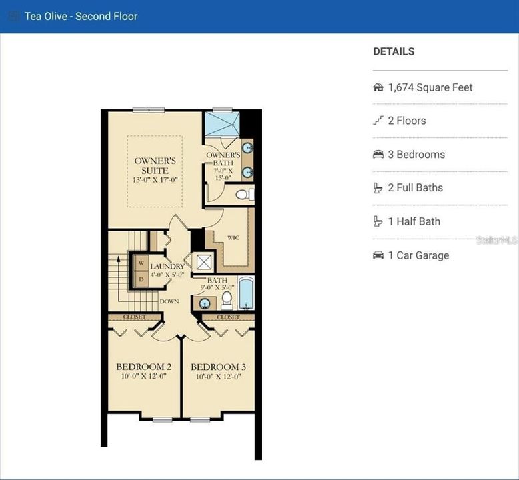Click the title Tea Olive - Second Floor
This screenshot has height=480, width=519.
pyautogui.click(x=81, y=16)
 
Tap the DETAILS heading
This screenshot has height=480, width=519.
pyautogui.click(x=394, y=51)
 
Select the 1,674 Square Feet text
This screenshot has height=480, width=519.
pyautogui.click(x=430, y=87)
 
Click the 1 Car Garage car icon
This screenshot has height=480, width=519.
pyautogui.click(x=378, y=255)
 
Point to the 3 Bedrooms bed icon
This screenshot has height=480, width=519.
pyautogui.click(x=378, y=155)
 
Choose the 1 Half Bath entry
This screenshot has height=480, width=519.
pyautogui.click(x=414, y=221)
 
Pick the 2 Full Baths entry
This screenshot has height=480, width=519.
pyautogui.click(x=415, y=188)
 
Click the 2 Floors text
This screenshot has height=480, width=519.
pyautogui.click(x=407, y=121)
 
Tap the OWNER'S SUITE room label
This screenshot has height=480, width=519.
pyautogui.click(x=155, y=166)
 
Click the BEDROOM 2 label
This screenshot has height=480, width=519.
pyautogui.click(x=144, y=367)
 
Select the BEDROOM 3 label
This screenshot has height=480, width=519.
pyautogui.click(x=218, y=367)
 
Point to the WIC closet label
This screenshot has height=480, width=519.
pyautogui.click(x=233, y=237)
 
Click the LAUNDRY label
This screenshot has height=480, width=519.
pyautogui.click(x=167, y=267)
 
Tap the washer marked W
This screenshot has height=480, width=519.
pyautogui.click(x=141, y=263)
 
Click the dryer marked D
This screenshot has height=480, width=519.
pyautogui.click(x=141, y=279)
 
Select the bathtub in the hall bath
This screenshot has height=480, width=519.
pyautogui.click(x=246, y=293)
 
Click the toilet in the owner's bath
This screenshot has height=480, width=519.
pyautogui.click(x=245, y=194)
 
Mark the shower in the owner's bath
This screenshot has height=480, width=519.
pyautogui.click(x=221, y=123)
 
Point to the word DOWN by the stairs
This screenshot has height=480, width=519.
pyautogui.click(x=169, y=301)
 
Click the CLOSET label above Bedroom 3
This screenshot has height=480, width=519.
pyautogui.click(x=228, y=317)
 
